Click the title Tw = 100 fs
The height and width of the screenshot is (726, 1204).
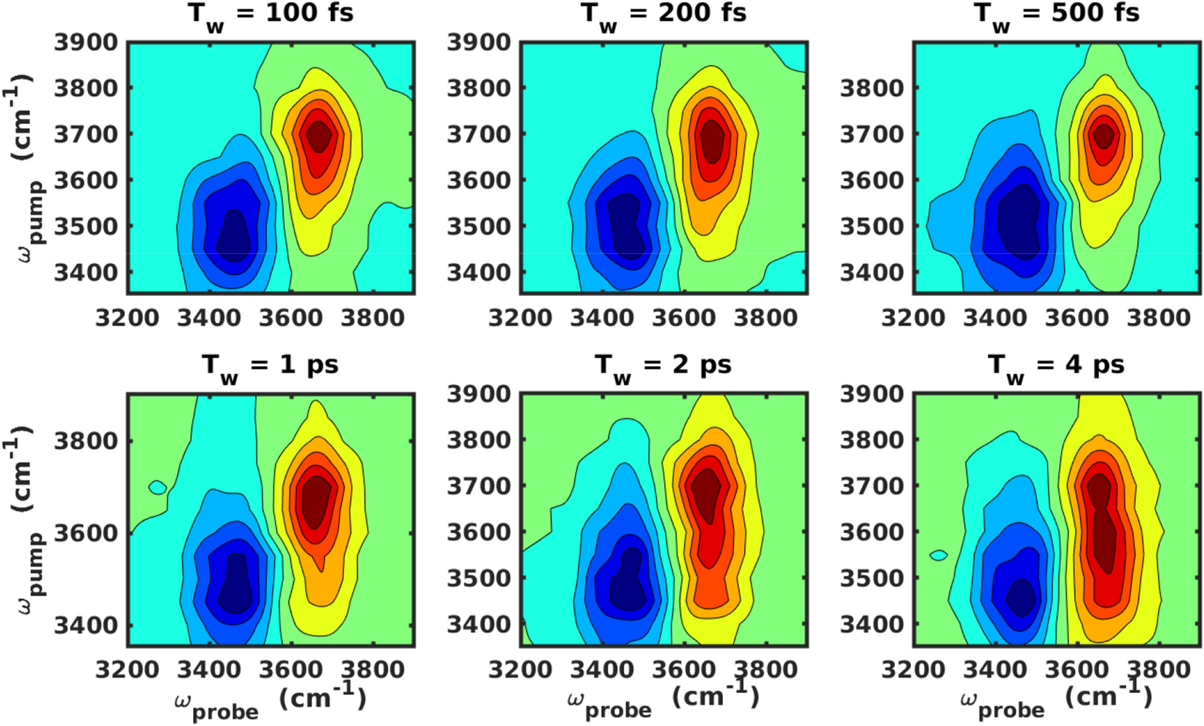(271, 15)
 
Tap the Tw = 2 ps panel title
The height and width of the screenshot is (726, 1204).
(663, 366)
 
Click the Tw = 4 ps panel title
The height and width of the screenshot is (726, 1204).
(1057, 366)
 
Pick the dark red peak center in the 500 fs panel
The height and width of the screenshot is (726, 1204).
(1104, 136)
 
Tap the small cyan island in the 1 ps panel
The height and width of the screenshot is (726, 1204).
(157, 487)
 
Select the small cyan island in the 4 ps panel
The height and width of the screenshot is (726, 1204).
(939, 555)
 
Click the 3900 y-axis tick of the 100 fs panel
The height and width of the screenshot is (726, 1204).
(86, 42)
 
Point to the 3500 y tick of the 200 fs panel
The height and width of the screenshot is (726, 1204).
(479, 227)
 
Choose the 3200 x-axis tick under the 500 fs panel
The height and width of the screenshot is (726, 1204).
(913, 319)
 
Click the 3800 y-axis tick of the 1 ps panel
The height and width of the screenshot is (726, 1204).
(86, 440)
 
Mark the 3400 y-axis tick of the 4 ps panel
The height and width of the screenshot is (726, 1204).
(872, 625)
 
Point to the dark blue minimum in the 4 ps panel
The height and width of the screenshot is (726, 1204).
(1020, 599)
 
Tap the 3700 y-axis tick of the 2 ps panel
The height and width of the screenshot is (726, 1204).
(479, 486)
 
